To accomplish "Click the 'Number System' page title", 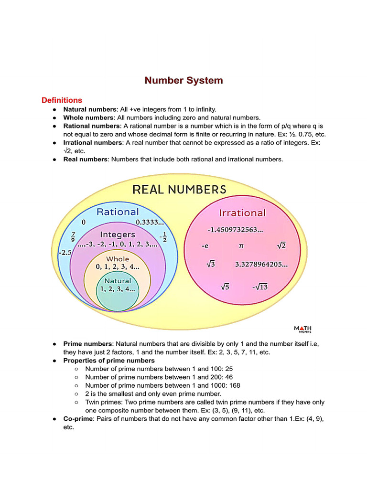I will [183, 80].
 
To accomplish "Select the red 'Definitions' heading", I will [62, 100].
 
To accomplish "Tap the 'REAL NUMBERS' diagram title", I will [179, 190].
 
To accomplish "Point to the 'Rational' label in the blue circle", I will [118, 212].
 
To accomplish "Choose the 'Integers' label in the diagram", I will [118, 234].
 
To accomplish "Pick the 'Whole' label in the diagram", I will [118, 259].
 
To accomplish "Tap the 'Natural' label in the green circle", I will [118, 281].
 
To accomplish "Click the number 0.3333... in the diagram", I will [150, 222].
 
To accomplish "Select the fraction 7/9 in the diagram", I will [73, 236].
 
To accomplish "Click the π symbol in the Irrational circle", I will [241, 246].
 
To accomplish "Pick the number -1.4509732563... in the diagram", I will [235, 230].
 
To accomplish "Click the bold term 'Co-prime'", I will [77, 419].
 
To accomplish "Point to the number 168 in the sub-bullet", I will [234, 385].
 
